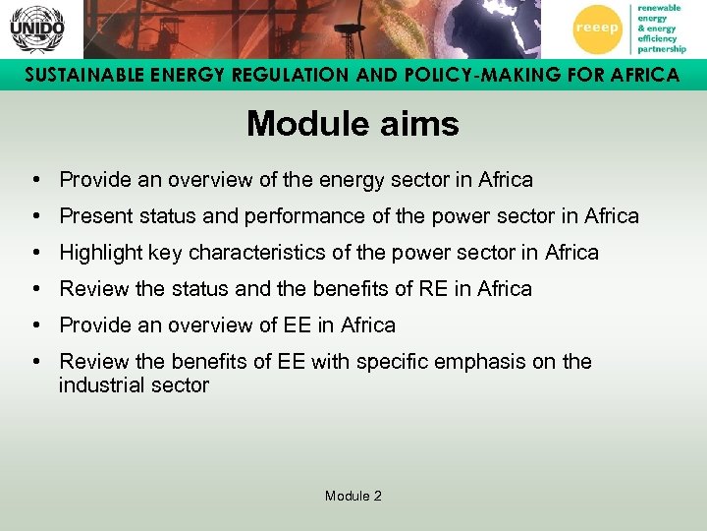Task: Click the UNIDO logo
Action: [36, 29]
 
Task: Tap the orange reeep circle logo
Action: [596, 29]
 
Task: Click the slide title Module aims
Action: [353, 124]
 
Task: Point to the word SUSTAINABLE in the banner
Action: [80, 75]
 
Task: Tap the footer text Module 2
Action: [353, 496]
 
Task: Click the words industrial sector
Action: [134, 385]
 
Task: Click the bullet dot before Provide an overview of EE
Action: [34, 325]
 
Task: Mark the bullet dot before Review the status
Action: [34, 289]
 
